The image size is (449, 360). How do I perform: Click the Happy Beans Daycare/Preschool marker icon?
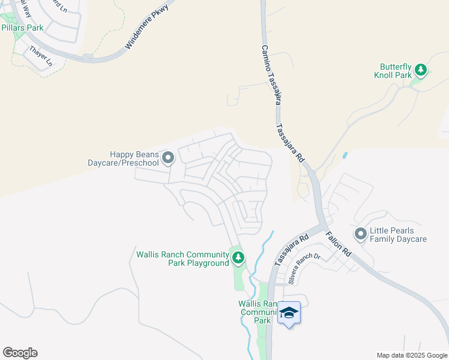point(168,158)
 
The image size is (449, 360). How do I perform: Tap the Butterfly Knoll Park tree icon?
point(421,70)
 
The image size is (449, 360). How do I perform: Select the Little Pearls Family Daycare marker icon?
point(360,234)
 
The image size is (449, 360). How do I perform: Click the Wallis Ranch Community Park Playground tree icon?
point(238,258)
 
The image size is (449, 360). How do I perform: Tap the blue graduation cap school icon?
point(289,313)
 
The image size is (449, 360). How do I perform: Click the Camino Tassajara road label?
point(270,74)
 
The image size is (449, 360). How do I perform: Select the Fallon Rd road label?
point(339,245)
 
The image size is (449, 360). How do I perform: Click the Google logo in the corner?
point(20,353)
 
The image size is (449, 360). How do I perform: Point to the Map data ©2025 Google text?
point(412,355)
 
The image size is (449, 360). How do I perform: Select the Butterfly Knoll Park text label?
point(396,71)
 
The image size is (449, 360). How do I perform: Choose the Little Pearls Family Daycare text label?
point(398,235)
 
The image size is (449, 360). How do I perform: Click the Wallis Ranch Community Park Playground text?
point(179,259)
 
